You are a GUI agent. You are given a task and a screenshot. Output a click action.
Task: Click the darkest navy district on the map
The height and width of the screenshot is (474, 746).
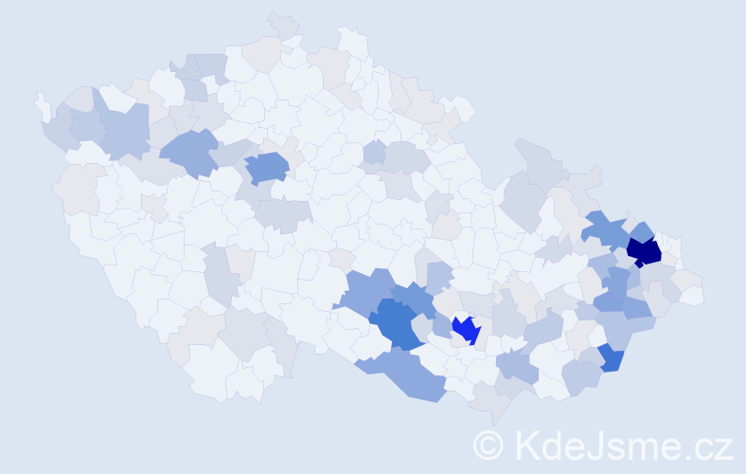tap(644, 251)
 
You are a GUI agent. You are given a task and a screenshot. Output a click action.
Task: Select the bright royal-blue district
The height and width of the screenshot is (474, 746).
tap(466, 329)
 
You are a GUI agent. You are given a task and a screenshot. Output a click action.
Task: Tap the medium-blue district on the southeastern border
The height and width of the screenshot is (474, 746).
tap(611, 358)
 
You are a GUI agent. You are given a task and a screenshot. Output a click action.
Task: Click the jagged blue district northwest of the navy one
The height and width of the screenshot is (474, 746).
tap(604, 229)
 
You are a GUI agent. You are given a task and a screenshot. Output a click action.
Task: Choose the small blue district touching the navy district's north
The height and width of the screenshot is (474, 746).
tap(641, 230)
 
